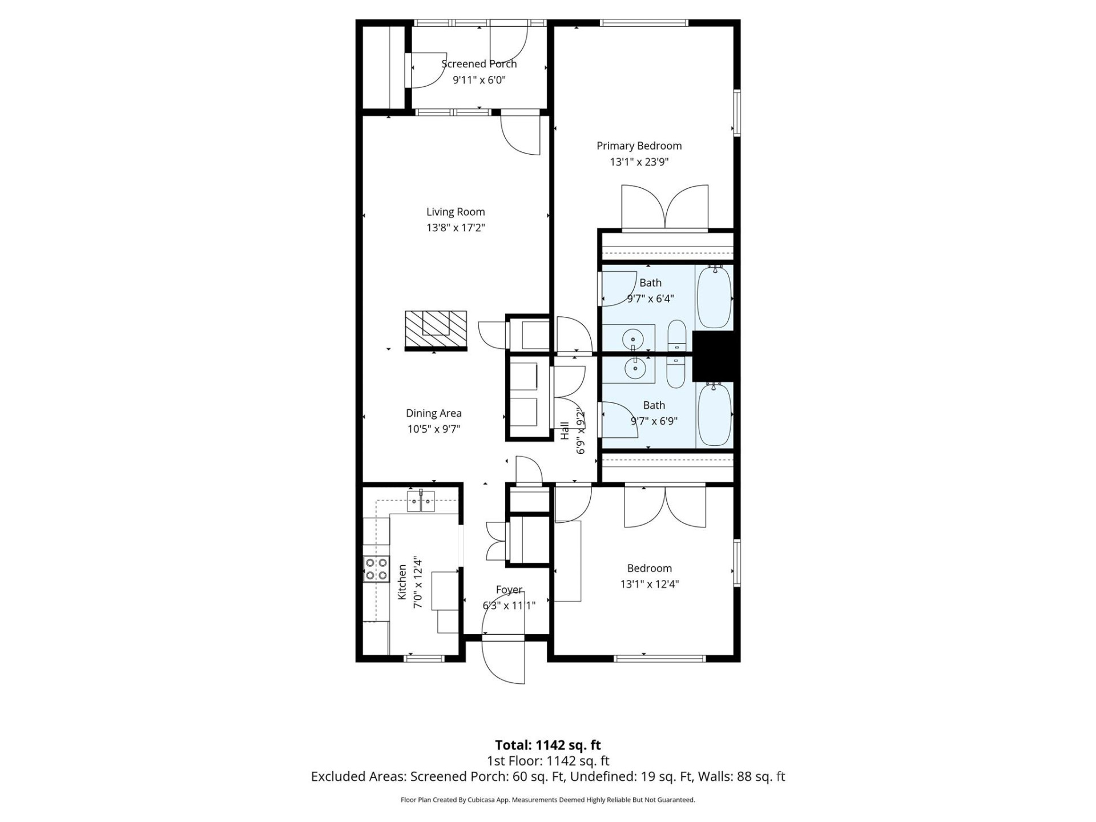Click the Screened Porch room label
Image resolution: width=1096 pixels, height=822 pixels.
(479, 64)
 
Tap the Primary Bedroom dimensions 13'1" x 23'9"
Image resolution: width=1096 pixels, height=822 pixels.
(639, 162)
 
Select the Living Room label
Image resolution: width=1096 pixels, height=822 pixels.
(456, 212)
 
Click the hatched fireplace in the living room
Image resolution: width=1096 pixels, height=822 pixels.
(436, 329)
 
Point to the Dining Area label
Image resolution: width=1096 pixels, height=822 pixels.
(433, 413)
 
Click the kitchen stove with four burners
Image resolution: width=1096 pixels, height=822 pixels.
(376, 569)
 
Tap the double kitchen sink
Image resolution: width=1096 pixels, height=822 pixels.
(421, 502)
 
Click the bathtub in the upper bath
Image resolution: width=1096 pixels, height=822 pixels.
(714, 296)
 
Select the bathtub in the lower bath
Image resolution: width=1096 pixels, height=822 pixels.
(714, 414)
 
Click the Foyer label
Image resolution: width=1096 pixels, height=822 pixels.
(509, 590)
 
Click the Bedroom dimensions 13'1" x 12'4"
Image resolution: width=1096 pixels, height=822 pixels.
(649, 585)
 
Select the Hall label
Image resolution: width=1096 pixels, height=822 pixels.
(565, 430)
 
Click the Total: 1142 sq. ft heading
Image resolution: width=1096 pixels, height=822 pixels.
(547, 745)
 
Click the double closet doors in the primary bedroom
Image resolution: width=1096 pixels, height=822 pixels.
(664, 207)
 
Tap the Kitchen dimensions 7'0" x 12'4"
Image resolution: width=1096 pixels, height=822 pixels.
(418, 582)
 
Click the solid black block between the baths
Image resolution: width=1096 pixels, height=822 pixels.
(715, 356)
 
